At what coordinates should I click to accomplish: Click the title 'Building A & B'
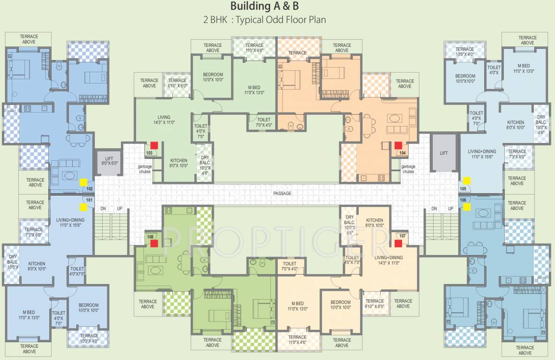264,6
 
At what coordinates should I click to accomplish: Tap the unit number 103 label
150,153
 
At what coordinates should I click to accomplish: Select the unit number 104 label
402,153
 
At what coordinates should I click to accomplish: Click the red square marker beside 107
398,243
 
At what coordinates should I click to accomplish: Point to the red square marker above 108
154,243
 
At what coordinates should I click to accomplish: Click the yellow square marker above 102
83,182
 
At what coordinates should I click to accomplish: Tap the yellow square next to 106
466,207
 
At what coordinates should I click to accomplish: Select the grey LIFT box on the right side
443,152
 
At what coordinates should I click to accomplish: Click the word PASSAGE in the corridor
282,193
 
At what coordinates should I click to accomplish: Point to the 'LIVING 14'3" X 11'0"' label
164,120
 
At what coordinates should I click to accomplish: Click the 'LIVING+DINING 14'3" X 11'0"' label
389,260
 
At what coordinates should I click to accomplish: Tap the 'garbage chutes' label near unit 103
144,169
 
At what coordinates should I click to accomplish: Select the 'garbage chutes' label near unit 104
408,169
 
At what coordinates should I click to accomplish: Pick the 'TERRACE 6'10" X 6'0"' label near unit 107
375,304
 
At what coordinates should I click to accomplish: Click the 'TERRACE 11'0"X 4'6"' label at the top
254,48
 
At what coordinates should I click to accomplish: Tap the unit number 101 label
90,200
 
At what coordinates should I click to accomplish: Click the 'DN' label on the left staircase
104,208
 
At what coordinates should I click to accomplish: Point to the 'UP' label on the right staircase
450,208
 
